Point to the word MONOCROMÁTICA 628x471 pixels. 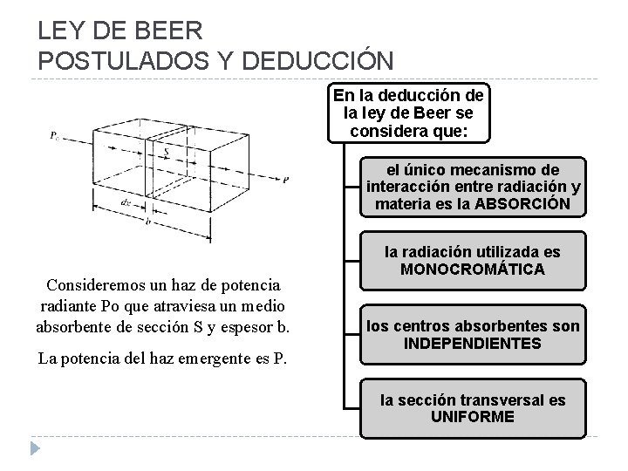(474, 270)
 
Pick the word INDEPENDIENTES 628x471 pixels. (474, 344)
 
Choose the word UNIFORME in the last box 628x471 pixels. (474, 417)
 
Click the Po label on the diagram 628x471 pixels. (55, 135)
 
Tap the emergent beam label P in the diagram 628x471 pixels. (286, 180)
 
